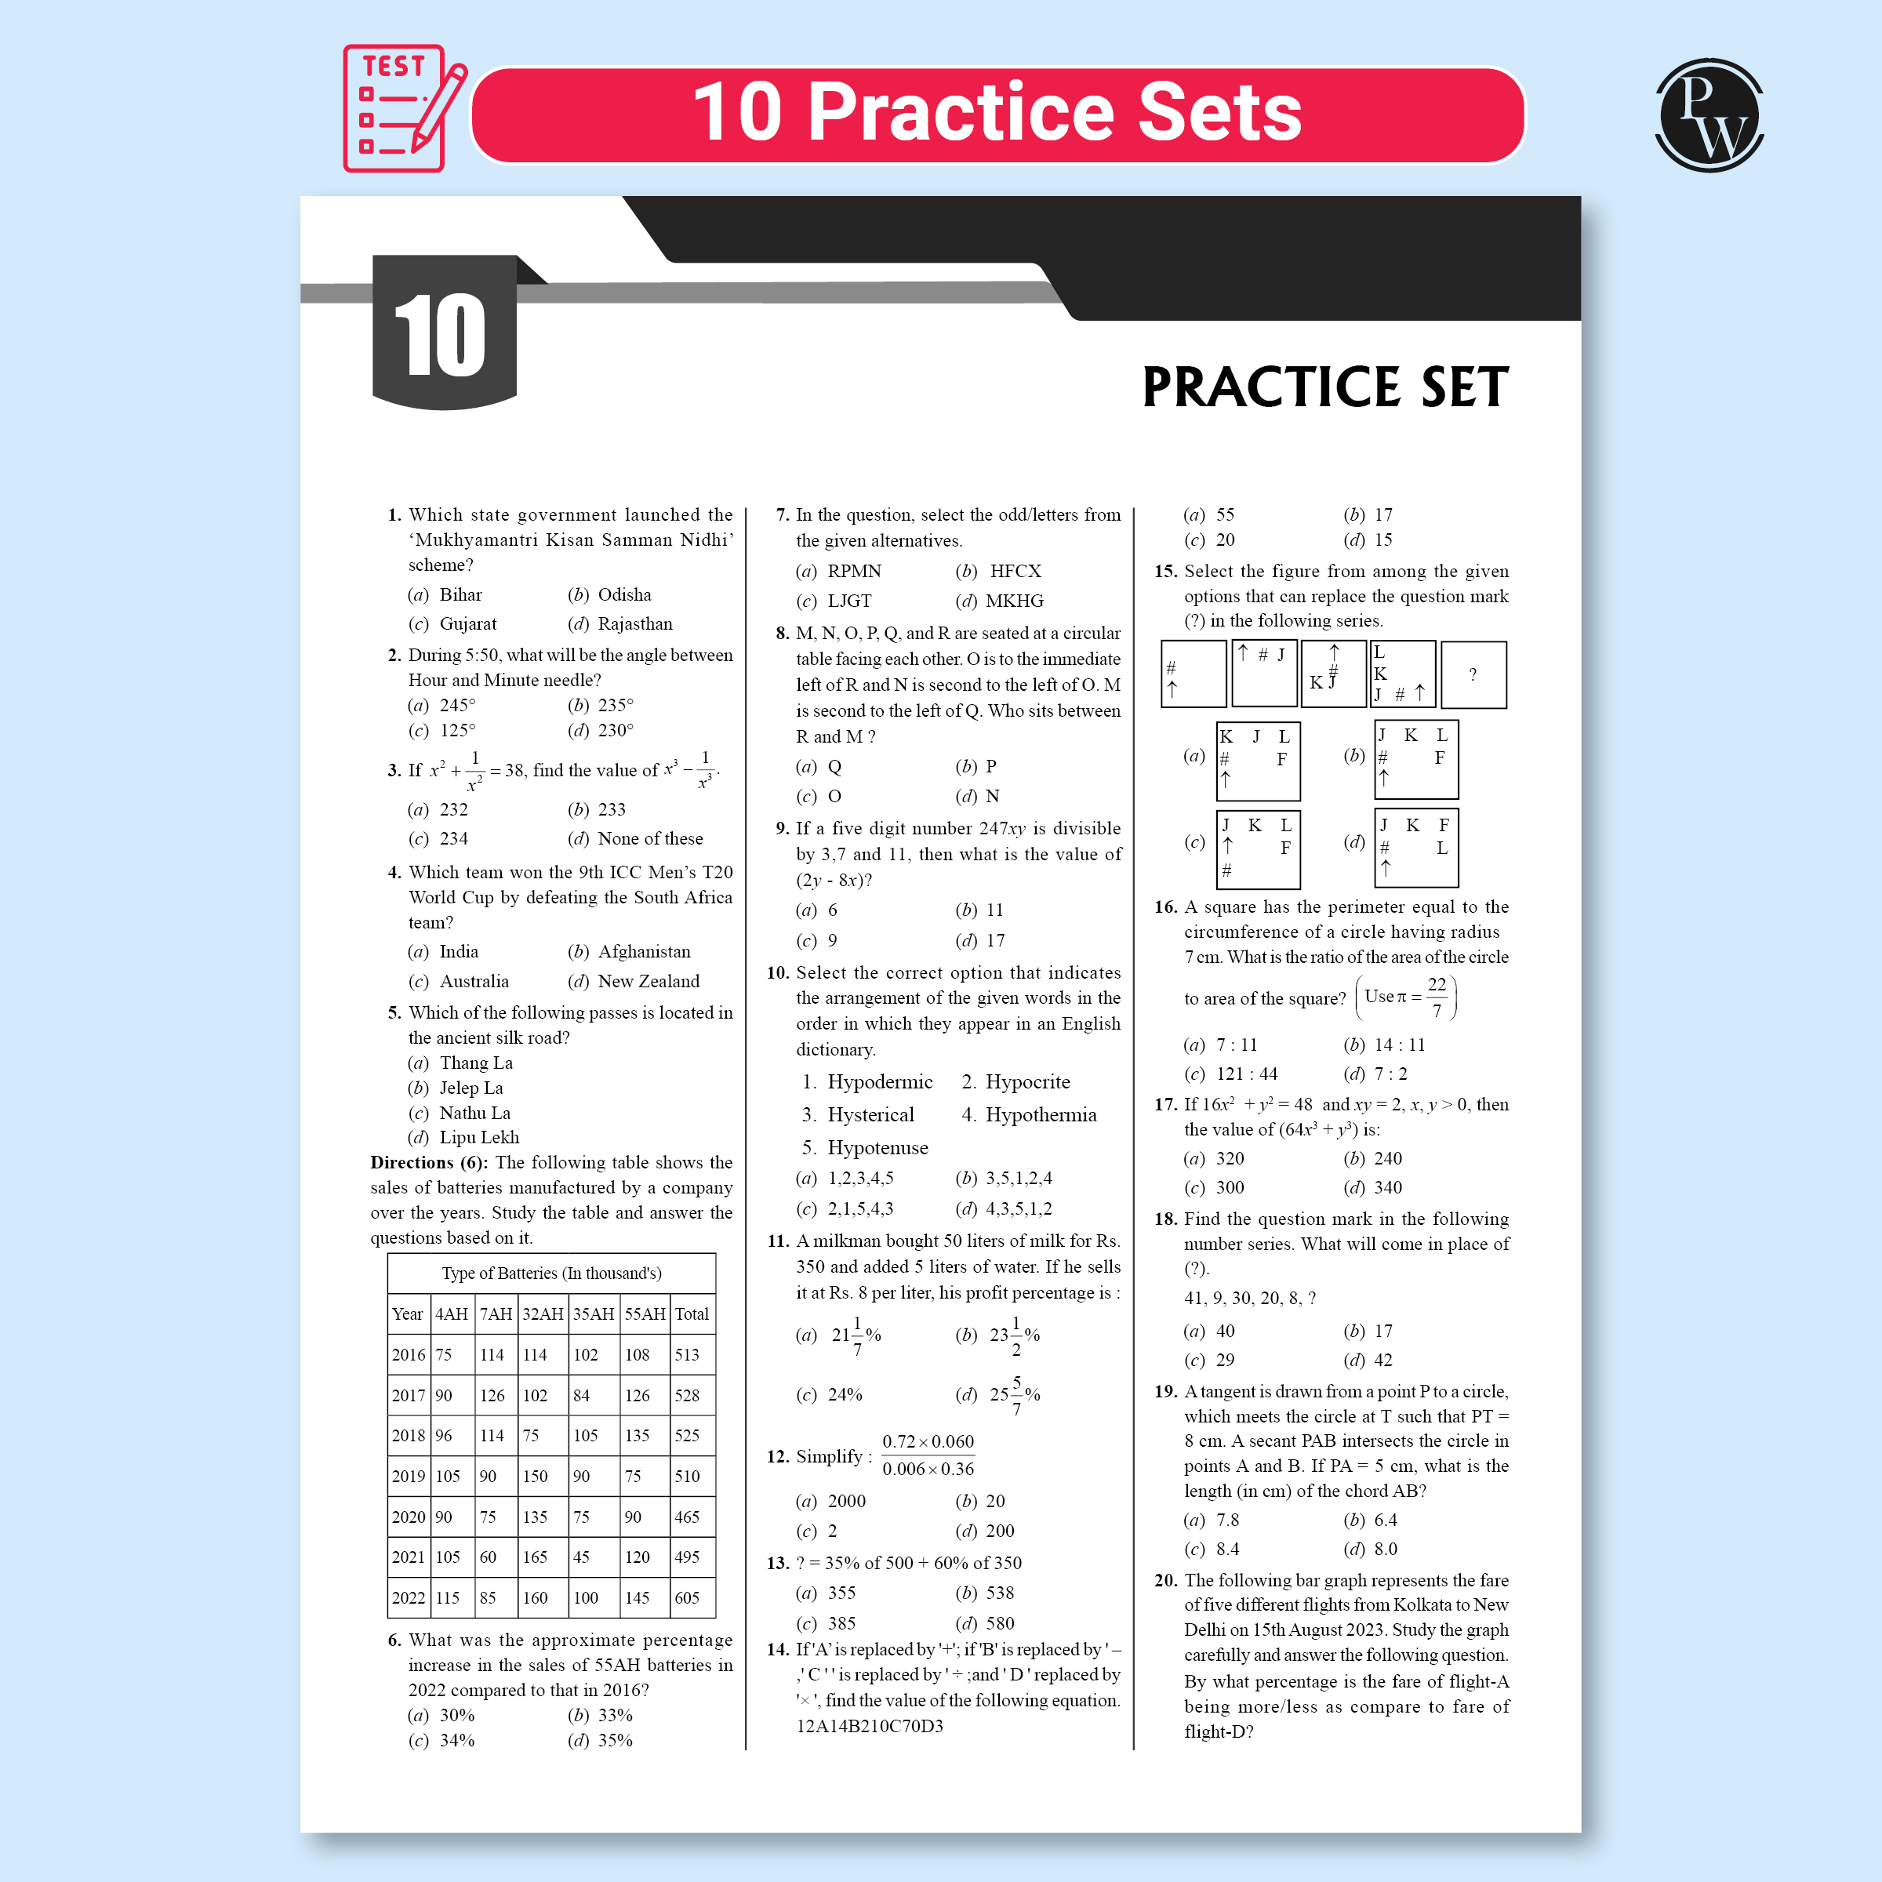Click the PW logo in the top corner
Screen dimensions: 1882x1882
pyautogui.click(x=1709, y=115)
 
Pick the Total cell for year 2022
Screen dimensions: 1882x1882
pyautogui.click(x=687, y=1597)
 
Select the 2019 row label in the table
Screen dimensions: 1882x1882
pyautogui.click(x=407, y=1476)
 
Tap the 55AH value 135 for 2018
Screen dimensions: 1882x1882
pyautogui.click(x=637, y=1436)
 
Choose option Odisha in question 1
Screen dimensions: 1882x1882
pyautogui.click(x=623, y=594)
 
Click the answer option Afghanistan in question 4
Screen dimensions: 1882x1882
pyautogui.click(x=643, y=952)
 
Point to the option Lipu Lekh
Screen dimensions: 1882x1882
pyautogui.click(x=478, y=1137)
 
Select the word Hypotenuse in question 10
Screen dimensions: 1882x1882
pyautogui.click(x=877, y=1147)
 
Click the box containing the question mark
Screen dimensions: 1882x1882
pyautogui.click(x=1472, y=674)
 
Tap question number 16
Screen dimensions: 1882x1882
pyautogui.click(x=1165, y=907)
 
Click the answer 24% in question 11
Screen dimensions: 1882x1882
pyautogui.click(x=844, y=1395)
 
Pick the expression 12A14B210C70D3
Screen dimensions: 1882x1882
pyautogui.click(x=869, y=1726)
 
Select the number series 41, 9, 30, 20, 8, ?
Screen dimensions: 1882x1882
pyautogui.click(x=1249, y=1298)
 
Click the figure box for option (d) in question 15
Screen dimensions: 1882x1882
pyautogui.click(x=1415, y=848)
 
